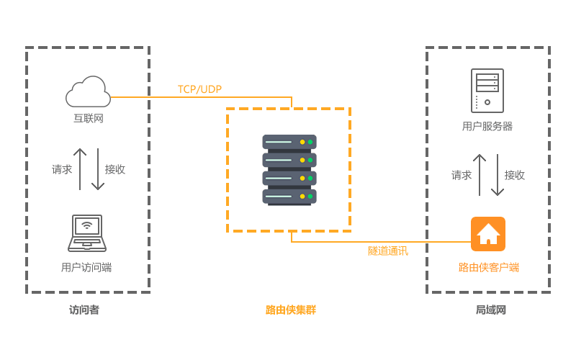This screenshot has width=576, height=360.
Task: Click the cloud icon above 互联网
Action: [x=88, y=92]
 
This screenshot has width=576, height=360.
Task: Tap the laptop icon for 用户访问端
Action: [x=87, y=233]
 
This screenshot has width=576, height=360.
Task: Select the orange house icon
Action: [x=488, y=234]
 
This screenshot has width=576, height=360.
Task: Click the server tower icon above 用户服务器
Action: [x=487, y=91]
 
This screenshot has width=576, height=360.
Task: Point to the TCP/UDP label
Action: [x=199, y=89]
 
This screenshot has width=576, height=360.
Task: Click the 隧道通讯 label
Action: [x=387, y=251]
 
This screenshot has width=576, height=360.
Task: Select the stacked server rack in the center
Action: [x=289, y=170]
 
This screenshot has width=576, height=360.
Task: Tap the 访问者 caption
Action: [x=84, y=310]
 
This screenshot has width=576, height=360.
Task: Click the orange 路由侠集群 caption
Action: [x=291, y=310]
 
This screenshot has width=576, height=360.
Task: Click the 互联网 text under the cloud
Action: [x=89, y=118]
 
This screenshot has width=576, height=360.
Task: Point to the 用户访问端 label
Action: [x=86, y=268]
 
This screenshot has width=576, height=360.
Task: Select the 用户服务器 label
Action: [x=487, y=126]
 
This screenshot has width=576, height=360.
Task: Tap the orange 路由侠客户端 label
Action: [x=489, y=267]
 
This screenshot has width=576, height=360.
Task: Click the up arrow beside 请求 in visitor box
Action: [x=80, y=169]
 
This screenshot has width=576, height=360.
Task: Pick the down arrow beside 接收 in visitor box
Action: [x=98, y=169]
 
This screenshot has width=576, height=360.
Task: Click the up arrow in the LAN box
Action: [x=480, y=175]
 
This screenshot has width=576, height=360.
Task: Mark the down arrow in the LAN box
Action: [x=498, y=175]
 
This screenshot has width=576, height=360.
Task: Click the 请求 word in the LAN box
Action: [x=462, y=175]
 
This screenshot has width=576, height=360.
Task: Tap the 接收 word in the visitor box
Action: [x=115, y=169]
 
